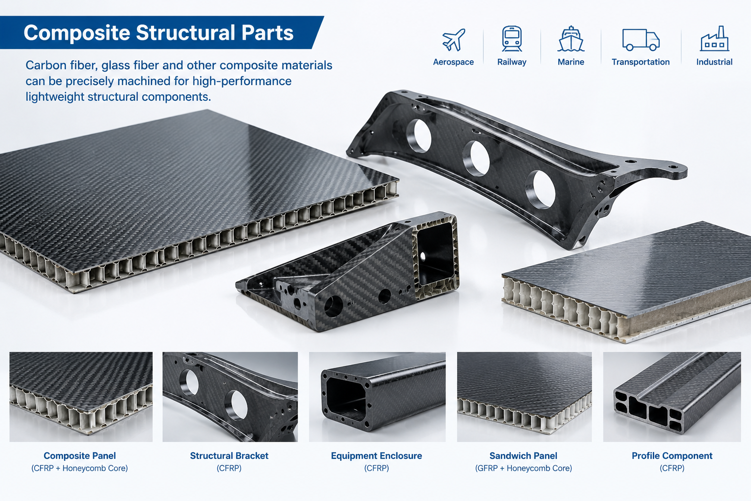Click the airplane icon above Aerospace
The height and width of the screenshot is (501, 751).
click(x=454, y=40)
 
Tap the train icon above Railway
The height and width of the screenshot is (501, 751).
click(x=511, y=39)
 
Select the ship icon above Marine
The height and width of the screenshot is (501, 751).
click(x=571, y=39)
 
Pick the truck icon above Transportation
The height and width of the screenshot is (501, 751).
click(x=641, y=40)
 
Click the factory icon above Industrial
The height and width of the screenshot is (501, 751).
click(x=714, y=39)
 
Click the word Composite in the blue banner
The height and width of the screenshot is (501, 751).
click(x=77, y=33)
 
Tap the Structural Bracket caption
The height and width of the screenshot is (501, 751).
click(x=229, y=455)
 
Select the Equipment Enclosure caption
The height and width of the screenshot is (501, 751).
click(x=376, y=455)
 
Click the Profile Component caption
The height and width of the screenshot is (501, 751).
click(x=672, y=455)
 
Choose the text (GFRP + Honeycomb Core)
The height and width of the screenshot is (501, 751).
click(x=523, y=468)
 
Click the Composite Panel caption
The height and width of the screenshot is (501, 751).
click(x=80, y=455)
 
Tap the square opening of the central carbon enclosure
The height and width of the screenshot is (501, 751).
click(x=435, y=254)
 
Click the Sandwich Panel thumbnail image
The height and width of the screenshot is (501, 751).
click(x=524, y=397)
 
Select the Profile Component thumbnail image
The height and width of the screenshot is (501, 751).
click(x=672, y=397)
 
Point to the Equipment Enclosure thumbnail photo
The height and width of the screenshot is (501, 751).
click(x=377, y=397)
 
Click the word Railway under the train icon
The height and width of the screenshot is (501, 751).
click(x=511, y=62)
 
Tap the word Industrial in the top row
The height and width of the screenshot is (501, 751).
click(x=714, y=62)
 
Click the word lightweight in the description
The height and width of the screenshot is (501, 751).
click(x=55, y=97)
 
